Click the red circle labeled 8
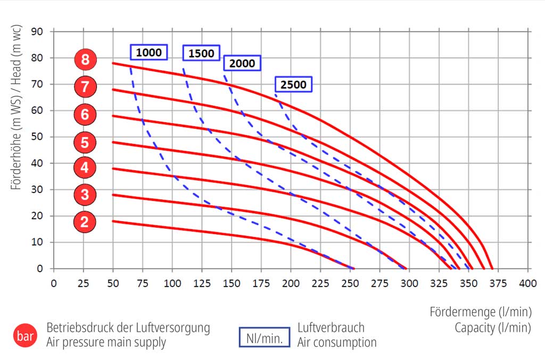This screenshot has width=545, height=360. tap(85, 60)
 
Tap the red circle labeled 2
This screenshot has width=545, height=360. tap(85, 222)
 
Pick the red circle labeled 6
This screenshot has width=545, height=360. tap(85, 114)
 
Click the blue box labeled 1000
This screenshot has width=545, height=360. tap(148, 53)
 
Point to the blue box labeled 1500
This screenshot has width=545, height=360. tap(201, 53)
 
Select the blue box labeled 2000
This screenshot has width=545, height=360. tap(242, 63)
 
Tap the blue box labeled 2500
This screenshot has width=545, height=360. tap(293, 85)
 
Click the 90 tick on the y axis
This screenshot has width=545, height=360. tap(38, 31)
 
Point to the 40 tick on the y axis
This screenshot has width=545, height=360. tap(38, 163)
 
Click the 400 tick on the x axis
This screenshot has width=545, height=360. tap(528, 283)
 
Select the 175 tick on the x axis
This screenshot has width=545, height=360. tap(261, 283)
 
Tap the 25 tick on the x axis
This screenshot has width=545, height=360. tap(83, 283)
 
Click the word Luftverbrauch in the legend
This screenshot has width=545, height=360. tap(331, 328)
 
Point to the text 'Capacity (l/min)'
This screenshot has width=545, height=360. tap(492, 328)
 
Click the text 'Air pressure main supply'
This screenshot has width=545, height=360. tap(106, 342)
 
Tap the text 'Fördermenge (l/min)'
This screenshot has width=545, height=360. tap(480, 312)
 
